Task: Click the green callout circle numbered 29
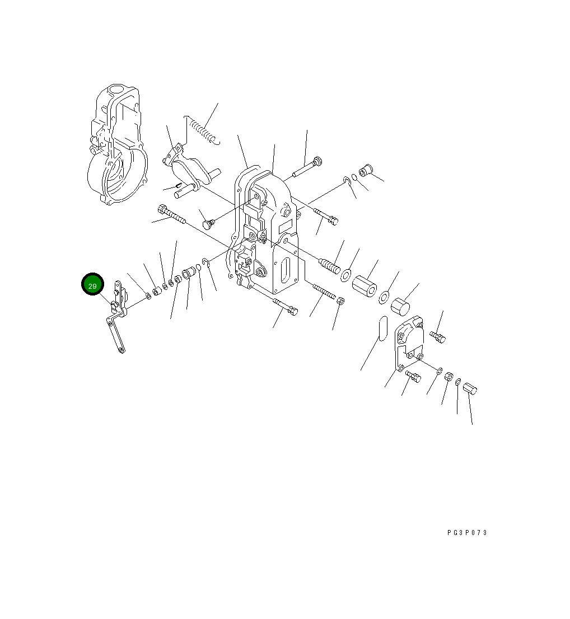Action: coord(92,284)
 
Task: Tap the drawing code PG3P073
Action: coord(467,533)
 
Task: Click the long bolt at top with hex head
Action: coord(307,167)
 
